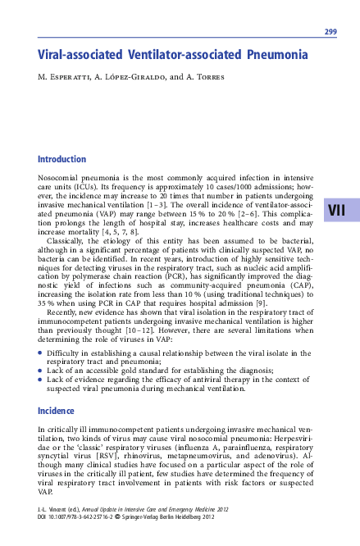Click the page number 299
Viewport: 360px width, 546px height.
pyautogui.click(x=330, y=32)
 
